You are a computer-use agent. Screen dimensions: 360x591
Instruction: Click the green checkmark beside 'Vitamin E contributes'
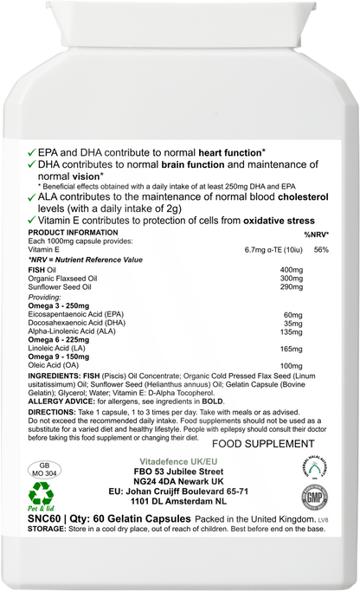pyautogui.click(x=33, y=221)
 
